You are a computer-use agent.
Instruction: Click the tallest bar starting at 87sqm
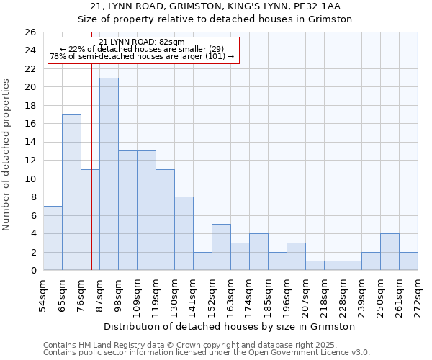coord(109,174)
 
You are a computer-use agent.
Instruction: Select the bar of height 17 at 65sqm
coord(71,192)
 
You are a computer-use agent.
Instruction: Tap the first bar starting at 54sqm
coord(53,238)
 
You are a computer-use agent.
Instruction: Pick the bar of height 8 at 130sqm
coord(184,233)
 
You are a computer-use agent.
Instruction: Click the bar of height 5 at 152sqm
coord(221,247)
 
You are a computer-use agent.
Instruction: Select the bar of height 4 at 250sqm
coord(390,252)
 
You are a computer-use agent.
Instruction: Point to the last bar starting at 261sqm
coord(408,261)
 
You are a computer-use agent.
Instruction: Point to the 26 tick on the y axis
coord(30,32)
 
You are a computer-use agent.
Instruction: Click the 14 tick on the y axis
coord(30,143)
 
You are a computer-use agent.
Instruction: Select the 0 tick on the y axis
coord(32,271)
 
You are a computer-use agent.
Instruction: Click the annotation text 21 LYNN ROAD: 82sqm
coord(142,42)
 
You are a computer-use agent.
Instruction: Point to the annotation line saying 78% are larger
coord(142,56)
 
